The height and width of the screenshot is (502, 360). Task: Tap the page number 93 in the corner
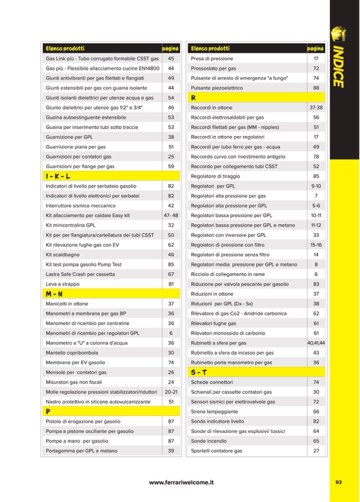339,482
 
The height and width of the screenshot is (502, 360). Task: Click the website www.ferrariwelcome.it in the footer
181,483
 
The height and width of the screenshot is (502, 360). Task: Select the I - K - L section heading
58,176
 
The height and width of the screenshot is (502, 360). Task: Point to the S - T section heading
198,372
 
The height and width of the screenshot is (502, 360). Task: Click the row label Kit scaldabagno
64,255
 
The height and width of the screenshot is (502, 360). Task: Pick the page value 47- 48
171,215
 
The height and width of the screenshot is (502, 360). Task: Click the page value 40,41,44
316,343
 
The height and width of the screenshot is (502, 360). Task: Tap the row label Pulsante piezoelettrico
217,88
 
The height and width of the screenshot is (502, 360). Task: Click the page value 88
316,88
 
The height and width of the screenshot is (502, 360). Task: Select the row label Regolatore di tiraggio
215,176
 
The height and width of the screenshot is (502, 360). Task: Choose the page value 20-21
171,392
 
